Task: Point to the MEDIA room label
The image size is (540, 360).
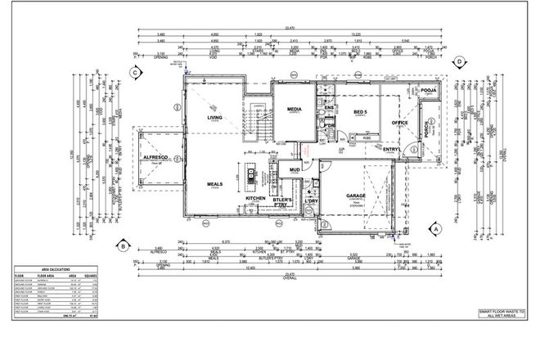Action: [295, 108]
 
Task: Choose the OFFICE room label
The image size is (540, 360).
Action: [399, 123]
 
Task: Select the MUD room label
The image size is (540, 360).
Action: [295, 171]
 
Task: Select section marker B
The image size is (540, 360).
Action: [122, 245]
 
